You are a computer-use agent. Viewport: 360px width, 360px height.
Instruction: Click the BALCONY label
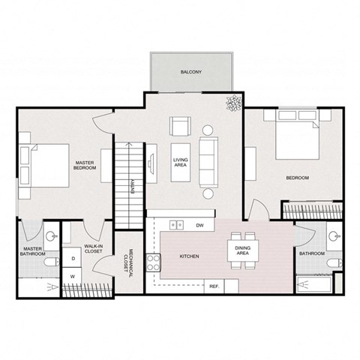click(189, 72)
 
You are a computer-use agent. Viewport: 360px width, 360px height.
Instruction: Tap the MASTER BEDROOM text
click(85, 165)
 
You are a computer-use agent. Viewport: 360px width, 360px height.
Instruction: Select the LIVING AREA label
click(180, 163)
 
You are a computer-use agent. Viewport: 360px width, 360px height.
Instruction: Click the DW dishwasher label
click(199, 224)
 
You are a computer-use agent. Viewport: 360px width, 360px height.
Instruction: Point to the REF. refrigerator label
click(214, 286)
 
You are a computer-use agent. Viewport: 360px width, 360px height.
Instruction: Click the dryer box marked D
click(73, 259)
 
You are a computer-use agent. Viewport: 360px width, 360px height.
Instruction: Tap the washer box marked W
click(73, 276)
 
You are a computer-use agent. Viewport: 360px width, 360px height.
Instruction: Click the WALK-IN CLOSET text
click(93, 247)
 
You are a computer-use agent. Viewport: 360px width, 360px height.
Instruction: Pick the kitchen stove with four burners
click(153, 262)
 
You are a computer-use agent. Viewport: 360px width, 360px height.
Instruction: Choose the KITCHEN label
click(189, 256)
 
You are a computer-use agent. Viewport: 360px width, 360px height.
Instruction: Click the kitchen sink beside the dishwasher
click(177, 223)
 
